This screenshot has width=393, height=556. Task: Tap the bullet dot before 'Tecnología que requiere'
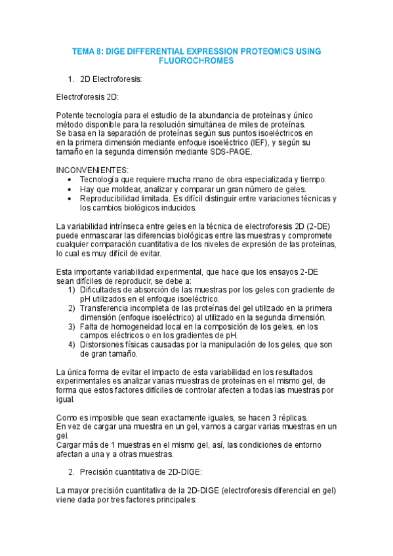(x=72, y=180)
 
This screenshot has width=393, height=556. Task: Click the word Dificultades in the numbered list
(x=102, y=290)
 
